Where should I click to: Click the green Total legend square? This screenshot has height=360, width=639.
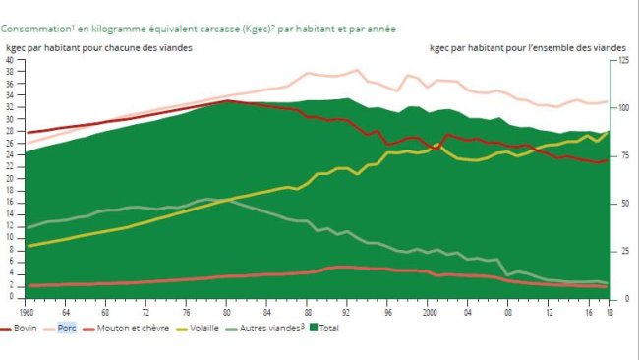click(314, 329)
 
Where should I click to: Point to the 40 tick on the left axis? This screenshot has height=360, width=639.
click(10, 60)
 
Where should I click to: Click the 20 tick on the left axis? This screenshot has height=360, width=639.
click(10, 179)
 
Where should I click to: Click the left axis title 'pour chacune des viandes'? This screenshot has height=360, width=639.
click(128, 47)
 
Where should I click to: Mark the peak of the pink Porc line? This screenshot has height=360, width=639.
click(356, 70)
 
